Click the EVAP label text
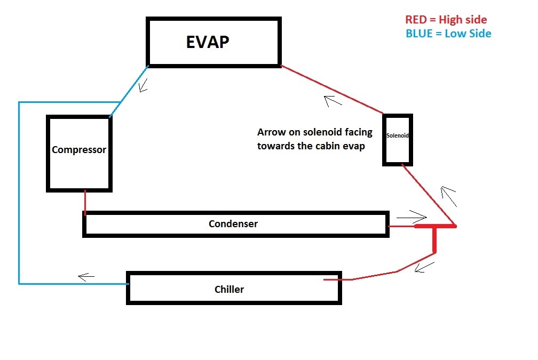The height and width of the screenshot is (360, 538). [208, 42]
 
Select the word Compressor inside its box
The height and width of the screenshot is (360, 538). [79, 150]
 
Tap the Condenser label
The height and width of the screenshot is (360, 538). [233, 224]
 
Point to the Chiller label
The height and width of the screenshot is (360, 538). [229, 290]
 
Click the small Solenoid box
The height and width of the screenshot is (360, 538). [398, 139]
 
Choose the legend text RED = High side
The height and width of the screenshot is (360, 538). [446, 20]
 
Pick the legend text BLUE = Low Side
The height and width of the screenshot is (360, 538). [448, 34]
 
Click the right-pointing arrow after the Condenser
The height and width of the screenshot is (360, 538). [412, 217]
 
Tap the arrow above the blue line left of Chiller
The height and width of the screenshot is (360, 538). [86, 276]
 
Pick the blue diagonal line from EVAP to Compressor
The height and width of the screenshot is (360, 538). [129, 91]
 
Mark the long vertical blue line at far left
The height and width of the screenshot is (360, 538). [19, 192]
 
